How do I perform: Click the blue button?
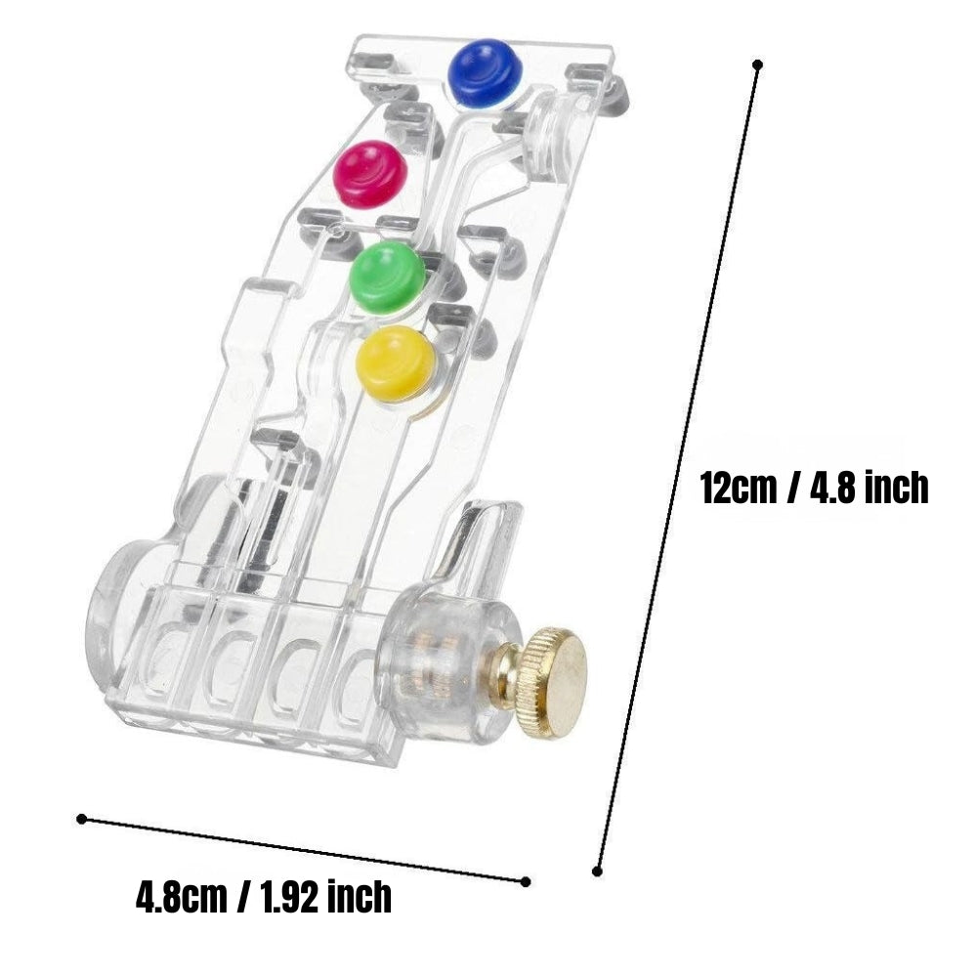[x=486, y=73]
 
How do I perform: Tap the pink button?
[x=370, y=173]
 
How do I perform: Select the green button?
[x=388, y=277]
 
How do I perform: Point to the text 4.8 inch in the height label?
[x=869, y=488]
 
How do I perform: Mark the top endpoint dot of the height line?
[x=758, y=64]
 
